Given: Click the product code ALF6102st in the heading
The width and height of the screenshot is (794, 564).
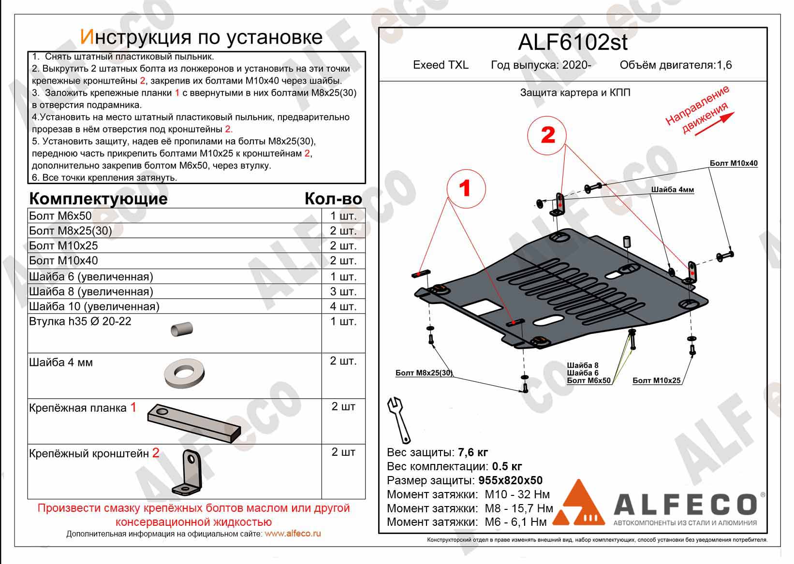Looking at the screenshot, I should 573,43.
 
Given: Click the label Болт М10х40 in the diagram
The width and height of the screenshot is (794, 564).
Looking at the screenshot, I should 733,163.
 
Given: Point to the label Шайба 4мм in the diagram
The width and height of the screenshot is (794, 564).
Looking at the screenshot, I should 672,190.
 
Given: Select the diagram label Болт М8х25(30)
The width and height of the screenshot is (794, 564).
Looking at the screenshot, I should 424,373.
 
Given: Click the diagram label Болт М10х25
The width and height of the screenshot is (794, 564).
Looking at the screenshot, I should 656,380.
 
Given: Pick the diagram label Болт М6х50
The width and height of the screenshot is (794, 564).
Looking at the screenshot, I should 588,380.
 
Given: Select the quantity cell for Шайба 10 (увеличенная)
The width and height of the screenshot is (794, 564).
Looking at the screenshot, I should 343,306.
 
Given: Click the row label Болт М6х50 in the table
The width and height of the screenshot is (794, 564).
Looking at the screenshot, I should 60,216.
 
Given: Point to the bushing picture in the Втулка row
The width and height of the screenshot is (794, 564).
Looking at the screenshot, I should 182,329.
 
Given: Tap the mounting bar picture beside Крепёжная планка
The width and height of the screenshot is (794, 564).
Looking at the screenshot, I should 193,422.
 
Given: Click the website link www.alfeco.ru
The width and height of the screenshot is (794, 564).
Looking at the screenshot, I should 293,534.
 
